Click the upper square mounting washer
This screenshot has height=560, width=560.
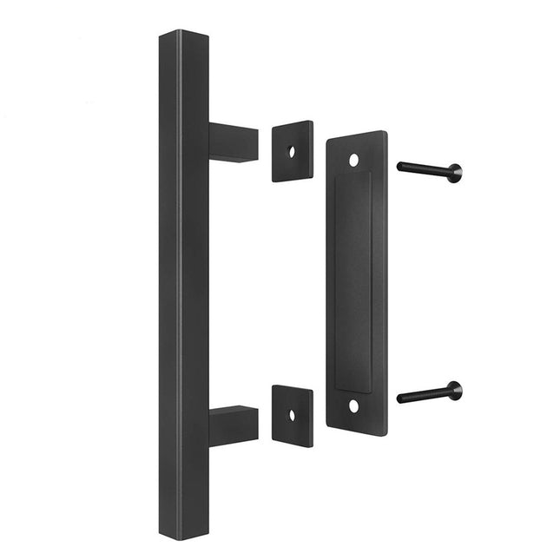pos(293,151)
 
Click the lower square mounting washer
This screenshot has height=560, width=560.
pos(293,416)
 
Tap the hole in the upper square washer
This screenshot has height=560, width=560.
pos(292,151)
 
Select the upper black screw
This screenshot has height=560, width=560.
pos(429,169)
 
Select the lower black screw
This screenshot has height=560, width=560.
pos(429,393)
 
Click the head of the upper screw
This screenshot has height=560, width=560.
pos(455,172)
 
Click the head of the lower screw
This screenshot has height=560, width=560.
pos(455,391)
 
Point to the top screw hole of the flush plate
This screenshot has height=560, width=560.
pos(353,161)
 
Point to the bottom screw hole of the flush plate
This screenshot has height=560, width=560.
pos(353,405)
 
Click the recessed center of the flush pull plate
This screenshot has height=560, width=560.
pos(352,282)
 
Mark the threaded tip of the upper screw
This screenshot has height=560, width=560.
pos(401,166)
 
